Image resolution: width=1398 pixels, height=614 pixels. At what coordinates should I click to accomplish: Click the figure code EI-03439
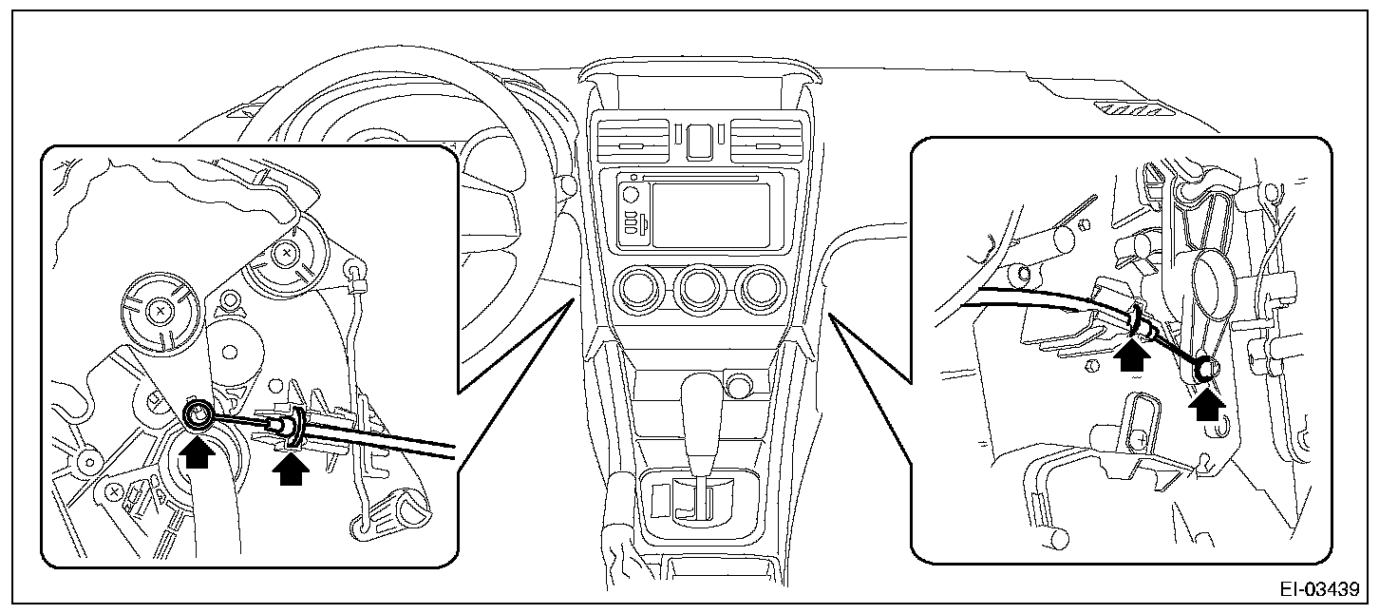(x=1319, y=590)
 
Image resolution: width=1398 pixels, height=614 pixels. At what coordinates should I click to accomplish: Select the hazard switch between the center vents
(x=701, y=140)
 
